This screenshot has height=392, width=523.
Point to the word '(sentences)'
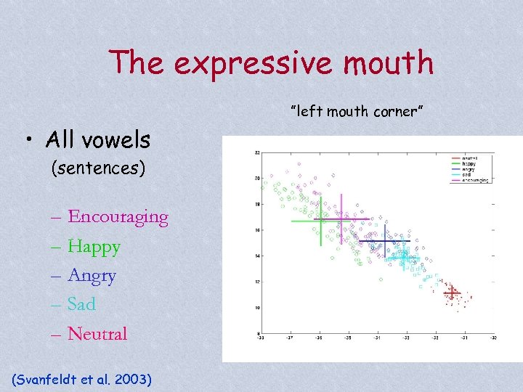[98, 168]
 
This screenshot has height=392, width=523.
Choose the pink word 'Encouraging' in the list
[118, 217]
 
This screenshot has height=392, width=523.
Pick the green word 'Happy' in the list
[94, 247]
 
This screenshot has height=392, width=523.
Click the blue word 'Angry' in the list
[92, 276]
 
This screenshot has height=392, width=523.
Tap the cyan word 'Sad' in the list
[81, 305]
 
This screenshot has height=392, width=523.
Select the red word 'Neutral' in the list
[97, 334]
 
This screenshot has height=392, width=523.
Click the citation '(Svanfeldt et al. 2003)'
[82, 378]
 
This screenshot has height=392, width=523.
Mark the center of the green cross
[320, 221]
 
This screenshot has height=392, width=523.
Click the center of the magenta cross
[341, 219]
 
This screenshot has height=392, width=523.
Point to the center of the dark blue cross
[385, 240]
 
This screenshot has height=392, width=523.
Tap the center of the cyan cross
[403, 257]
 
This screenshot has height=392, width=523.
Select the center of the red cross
[452, 293]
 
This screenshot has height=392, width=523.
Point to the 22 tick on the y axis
[258, 153]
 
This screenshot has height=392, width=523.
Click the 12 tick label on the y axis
[258, 282]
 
